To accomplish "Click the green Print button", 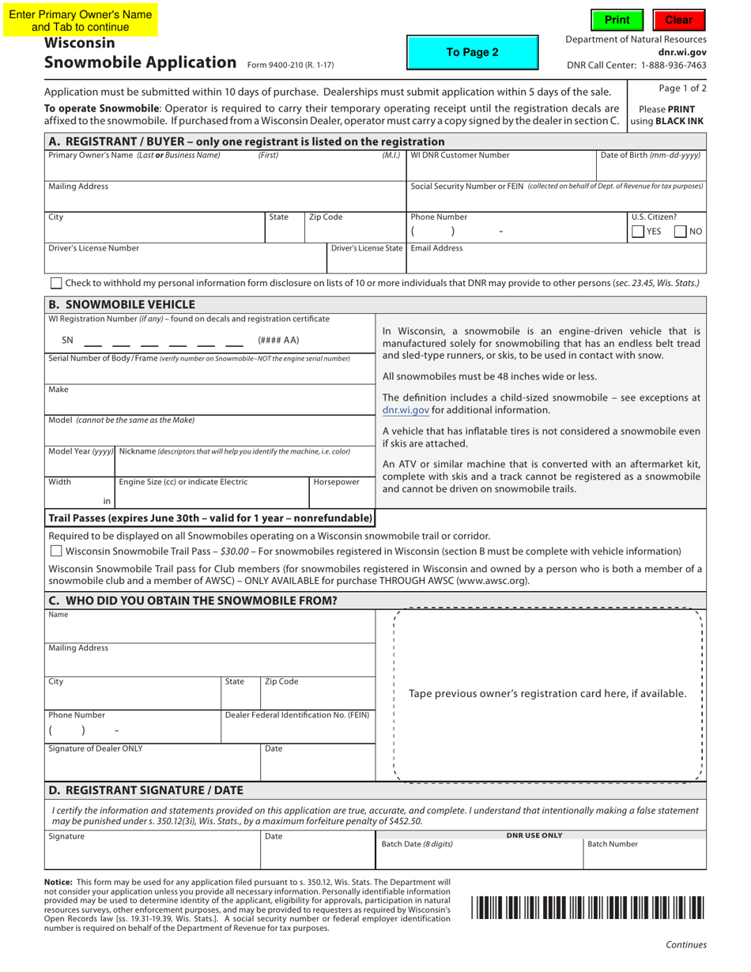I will coord(617,20).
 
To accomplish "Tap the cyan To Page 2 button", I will coord(472,52).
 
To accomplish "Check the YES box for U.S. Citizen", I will coord(638,232).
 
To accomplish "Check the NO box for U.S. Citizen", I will coord(680,232).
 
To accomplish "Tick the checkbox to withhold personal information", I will coord(56,283).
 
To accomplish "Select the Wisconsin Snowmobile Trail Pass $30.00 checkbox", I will coord(56,551).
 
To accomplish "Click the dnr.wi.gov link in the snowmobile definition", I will coord(406,410).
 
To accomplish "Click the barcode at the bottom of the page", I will coord(587,907).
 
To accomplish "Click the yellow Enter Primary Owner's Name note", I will coord(80,21).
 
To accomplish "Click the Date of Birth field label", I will coord(651,156).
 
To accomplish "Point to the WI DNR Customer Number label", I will coord(460,156).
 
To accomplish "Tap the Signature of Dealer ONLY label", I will coord(96,748).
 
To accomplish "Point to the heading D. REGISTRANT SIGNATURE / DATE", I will coord(146,790).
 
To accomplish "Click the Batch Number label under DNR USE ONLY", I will coord(612,844).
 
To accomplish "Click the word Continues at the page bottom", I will coord(685,944).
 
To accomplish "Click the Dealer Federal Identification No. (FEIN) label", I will coord(297,715).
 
